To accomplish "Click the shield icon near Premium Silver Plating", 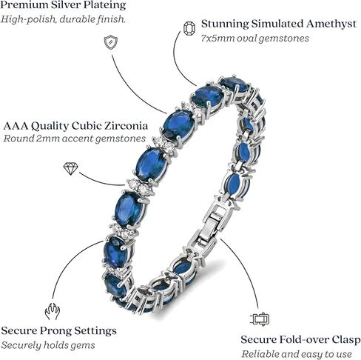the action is [111, 42].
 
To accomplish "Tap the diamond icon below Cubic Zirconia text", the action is [71, 169].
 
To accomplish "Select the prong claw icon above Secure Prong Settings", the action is [53, 311].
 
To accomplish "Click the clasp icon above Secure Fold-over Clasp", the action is [260, 319].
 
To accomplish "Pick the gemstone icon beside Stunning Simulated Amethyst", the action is [189, 28].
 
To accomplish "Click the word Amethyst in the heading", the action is [331, 24].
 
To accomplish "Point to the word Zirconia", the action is [126, 126].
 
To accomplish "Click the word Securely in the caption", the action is [18, 345].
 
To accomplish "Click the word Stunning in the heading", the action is [225, 24].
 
